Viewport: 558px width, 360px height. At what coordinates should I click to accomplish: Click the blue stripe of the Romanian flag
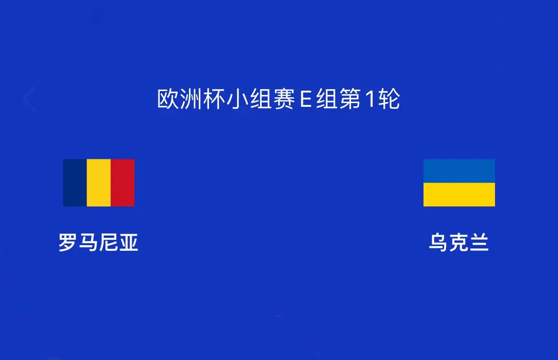click(x=75, y=183)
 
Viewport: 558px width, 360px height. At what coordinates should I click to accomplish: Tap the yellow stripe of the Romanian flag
click(x=99, y=183)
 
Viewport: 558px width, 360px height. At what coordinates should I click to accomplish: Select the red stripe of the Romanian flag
click(x=123, y=183)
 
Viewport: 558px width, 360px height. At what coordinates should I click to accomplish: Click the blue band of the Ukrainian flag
click(x=459, y=171)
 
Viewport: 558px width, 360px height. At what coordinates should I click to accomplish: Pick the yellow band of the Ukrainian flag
click(x=459, y=195)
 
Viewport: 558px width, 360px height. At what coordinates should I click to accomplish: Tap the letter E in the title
click(x=306, y=99)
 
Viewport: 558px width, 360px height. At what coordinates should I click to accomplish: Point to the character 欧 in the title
click(x=168, y=99)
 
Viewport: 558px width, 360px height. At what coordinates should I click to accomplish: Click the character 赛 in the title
click(x=284, y=99)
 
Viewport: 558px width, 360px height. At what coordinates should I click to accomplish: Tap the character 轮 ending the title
click(x=389, y=99)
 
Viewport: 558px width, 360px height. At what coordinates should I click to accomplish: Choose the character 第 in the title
click(x=350, y=99)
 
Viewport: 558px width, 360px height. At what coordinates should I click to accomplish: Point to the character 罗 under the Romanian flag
click(x=68, y=242)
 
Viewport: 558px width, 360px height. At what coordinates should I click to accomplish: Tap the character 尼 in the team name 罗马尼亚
click(x=108, y=242)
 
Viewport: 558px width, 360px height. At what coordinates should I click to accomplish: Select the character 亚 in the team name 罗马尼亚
click(x=128, y=242)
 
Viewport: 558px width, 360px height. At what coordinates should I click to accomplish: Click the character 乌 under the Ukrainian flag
click(x=438, y=242)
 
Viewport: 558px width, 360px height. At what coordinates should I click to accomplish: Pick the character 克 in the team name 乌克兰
click(x=459, y=242)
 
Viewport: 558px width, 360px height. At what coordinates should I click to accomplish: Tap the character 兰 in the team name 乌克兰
click(x=479, y=242)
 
